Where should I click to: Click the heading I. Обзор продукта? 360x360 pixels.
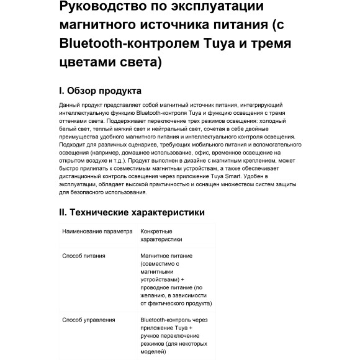pyautogui.click(x=100, y=91)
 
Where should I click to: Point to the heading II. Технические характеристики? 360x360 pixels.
pyautogui.click(x=132, y=212)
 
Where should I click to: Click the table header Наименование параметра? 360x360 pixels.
pyautogui.click(x=97, y=232)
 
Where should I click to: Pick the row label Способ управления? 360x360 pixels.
pyautogui.click(x=89, y=320)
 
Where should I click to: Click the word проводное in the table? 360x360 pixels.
pyautogui.click(x=156, y=287)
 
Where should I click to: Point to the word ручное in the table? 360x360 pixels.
pyautogui.click(x=151, y=336)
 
